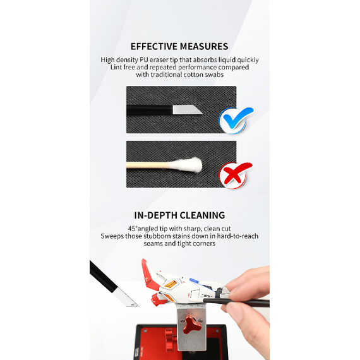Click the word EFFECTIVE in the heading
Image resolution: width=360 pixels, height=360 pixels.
154,46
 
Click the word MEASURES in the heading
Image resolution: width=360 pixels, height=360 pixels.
204,46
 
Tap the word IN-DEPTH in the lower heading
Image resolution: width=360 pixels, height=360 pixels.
155,215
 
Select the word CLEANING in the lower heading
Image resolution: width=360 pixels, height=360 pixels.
202,215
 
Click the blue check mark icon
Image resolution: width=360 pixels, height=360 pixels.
236,120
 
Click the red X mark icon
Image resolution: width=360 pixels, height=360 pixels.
236,175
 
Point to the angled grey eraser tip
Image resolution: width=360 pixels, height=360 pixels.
186,110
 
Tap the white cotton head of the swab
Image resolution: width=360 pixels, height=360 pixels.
189,164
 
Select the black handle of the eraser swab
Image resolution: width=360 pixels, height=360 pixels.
149,110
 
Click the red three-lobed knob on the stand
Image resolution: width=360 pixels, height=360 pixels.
192,325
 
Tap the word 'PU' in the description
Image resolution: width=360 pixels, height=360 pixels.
144,60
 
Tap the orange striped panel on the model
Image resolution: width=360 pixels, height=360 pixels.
171,284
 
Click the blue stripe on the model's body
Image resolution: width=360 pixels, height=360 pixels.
195,281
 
